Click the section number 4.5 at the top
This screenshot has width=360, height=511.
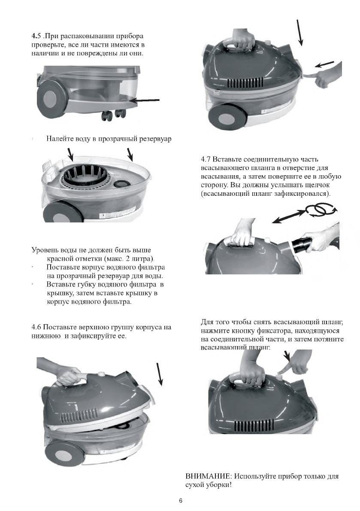(x=37, y=35)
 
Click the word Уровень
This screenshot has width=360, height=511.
(x=46, y=250)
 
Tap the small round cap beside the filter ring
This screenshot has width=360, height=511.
(x=119, y=183)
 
